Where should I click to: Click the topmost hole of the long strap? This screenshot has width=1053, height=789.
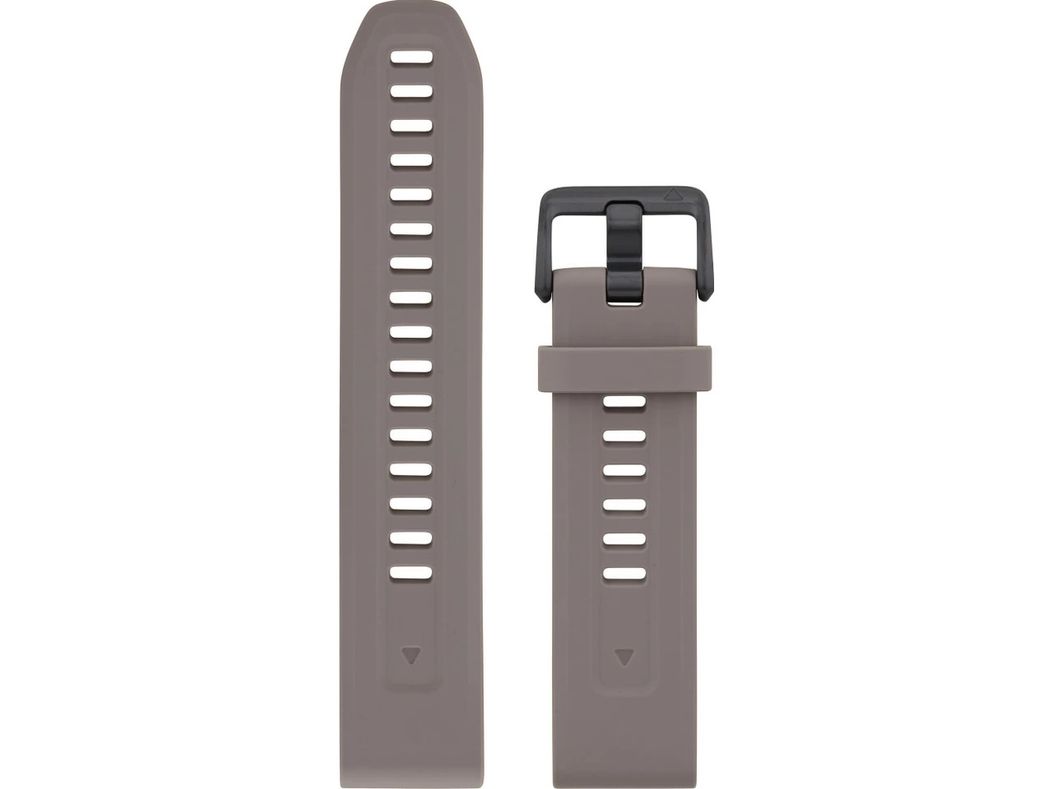[x=411, y=58]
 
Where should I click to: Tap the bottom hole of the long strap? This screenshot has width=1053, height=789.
[x=411, y=573]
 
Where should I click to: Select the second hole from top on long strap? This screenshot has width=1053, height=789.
[x=411, y=91]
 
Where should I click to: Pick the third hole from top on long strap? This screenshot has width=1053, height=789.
[x=411, y=126]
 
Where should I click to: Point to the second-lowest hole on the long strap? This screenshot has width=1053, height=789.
[x=411, y=538]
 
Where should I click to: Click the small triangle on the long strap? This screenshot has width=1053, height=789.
[x=411, y=655]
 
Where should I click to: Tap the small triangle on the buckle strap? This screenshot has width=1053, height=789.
[x=624, y=657]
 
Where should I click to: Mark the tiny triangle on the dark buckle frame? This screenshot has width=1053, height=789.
[x=673, y=196]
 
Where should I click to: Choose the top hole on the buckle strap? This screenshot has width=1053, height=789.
[x=624, y=402]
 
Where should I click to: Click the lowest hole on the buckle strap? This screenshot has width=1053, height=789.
[x=624, y=574]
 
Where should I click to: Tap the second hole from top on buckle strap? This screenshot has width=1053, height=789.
[x=624, y=436]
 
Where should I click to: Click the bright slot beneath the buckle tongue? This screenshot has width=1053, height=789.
[x=624, y=302]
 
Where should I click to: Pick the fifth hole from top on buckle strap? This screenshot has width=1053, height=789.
[x=624, y=539]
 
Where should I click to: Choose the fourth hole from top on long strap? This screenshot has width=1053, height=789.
[x=411, y=160]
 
